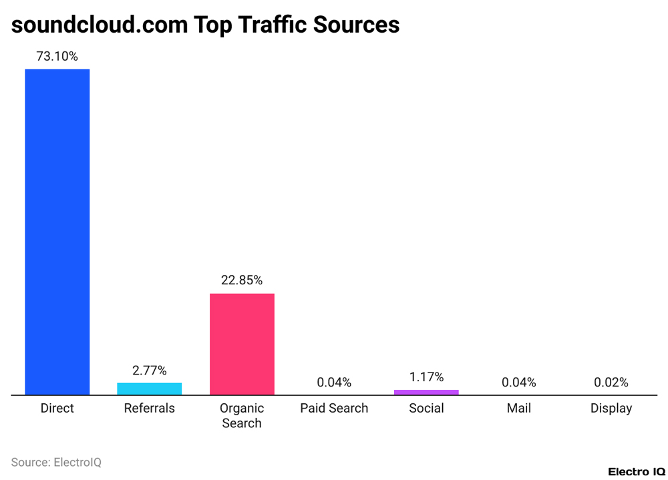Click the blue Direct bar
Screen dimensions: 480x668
[x=57, y=232]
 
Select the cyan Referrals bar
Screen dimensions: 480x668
[x=150, y=389]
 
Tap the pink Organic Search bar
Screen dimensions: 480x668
[x=242, y=344]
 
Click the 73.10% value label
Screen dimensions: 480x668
[x=57, y=57]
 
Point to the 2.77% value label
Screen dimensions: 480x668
[x=150, y=371]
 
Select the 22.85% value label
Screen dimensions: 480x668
[x=242, y=280]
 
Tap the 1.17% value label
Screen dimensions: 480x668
[x=426, y=377]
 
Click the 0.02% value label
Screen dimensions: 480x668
[x=611, y=383]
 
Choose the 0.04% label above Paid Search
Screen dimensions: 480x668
[x=334, y=383]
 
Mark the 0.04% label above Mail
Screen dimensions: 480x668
[x=519, y=383]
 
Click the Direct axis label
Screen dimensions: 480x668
[x=57, y=408]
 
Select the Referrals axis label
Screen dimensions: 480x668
[x=150, y=408]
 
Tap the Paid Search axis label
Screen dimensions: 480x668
[x=334, y=408]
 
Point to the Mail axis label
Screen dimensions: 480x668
[x=519, y=408]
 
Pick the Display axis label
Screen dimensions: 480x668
[x=611, y=408]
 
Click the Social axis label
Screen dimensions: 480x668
[x=426, y=408]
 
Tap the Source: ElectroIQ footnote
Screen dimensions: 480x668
[x=56, y=462]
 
